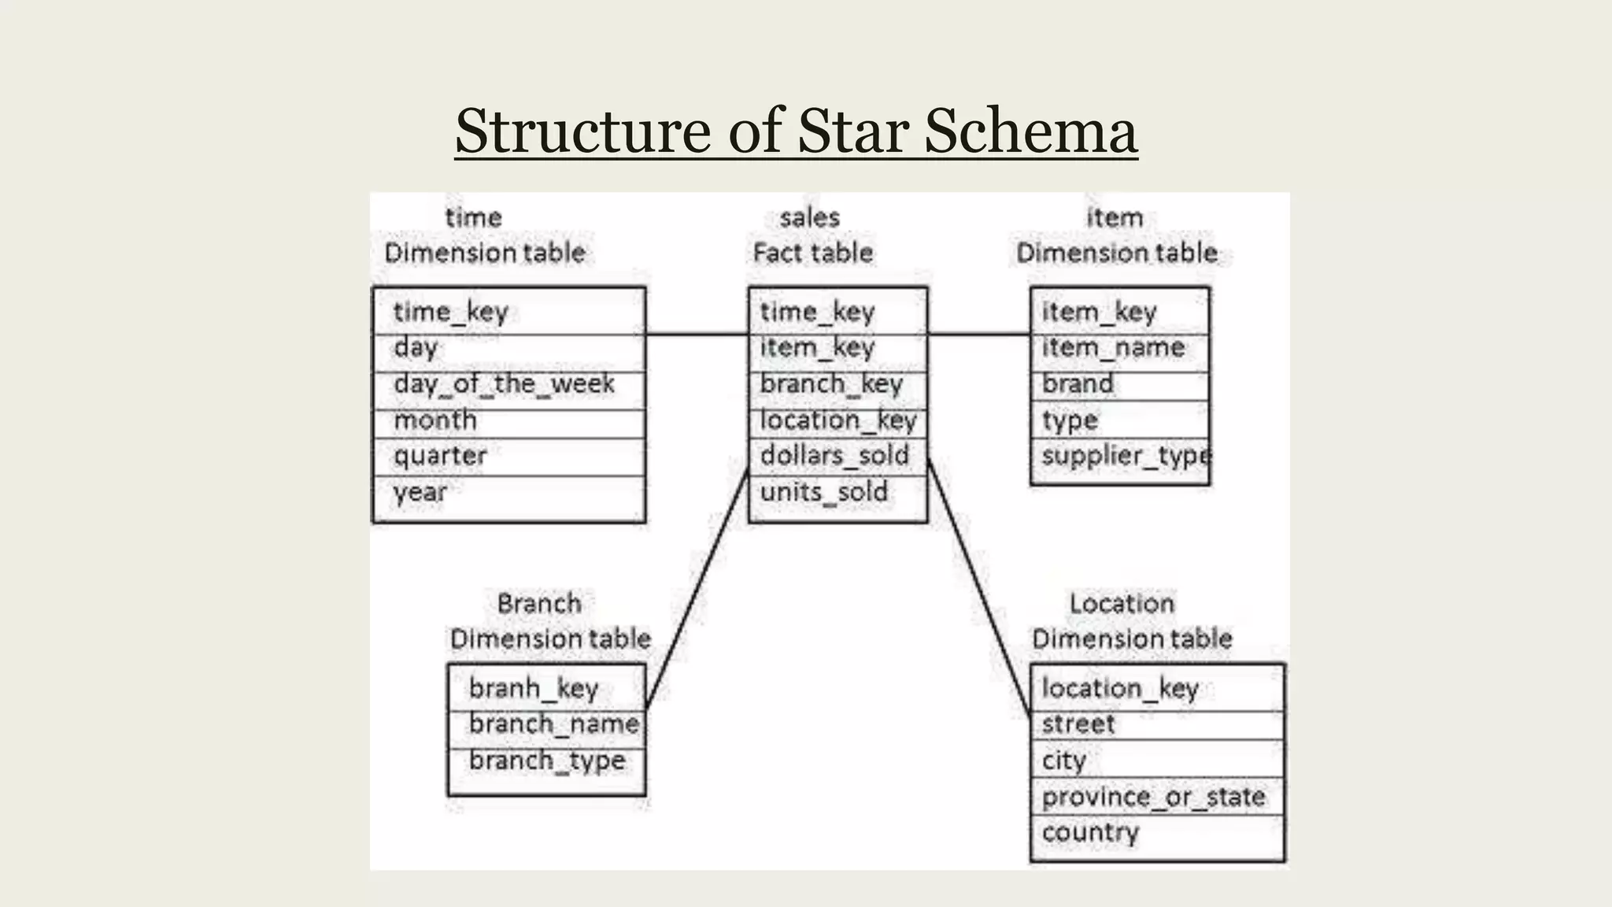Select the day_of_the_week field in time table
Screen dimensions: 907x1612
tap(504, 384)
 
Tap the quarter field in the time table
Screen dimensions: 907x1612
tap(440, 456)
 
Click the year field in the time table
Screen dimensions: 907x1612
tap(420, 493)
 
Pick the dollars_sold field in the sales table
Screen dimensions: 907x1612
tap(834, 456)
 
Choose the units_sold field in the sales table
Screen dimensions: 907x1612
tap(823, 493)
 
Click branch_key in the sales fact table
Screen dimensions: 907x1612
tap(831, 384)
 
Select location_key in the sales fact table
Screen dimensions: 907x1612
tap(838, 420)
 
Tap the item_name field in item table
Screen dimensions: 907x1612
tap(1113, 348)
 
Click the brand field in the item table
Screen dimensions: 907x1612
tap(1078, 384)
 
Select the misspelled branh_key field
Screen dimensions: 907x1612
tap(534, 689)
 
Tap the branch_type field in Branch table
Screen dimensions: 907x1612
tap(547, 761)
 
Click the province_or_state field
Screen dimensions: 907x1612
tap(1153, 798)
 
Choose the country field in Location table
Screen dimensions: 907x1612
tap(1090, 833)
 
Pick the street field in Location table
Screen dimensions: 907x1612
tap(1078, 724)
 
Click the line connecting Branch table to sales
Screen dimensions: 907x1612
tap(697, 587)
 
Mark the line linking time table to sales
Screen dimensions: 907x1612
tap(697, 335)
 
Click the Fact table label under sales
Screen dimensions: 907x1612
tap(812, 253)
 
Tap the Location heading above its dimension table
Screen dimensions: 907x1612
tap(1122, 604)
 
